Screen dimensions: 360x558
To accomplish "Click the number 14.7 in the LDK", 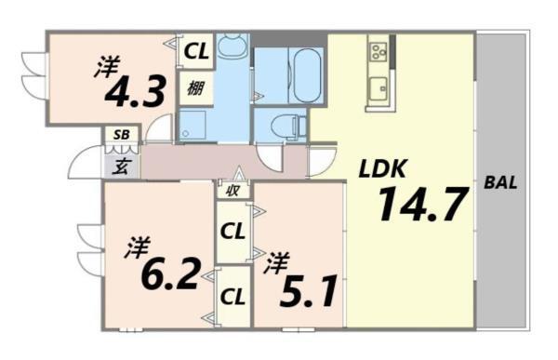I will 421,206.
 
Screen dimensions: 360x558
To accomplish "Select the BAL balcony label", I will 500,183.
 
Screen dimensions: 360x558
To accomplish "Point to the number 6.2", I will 171,273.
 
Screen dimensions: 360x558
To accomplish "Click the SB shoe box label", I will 121,135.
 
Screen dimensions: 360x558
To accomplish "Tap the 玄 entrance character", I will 122,167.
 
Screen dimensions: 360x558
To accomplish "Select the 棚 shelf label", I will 195,89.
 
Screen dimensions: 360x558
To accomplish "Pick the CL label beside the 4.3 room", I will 195,52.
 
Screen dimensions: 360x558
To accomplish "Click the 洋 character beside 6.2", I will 139,247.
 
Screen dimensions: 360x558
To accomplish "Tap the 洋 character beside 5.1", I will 274,263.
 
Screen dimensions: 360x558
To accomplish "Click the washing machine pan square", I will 196,126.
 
